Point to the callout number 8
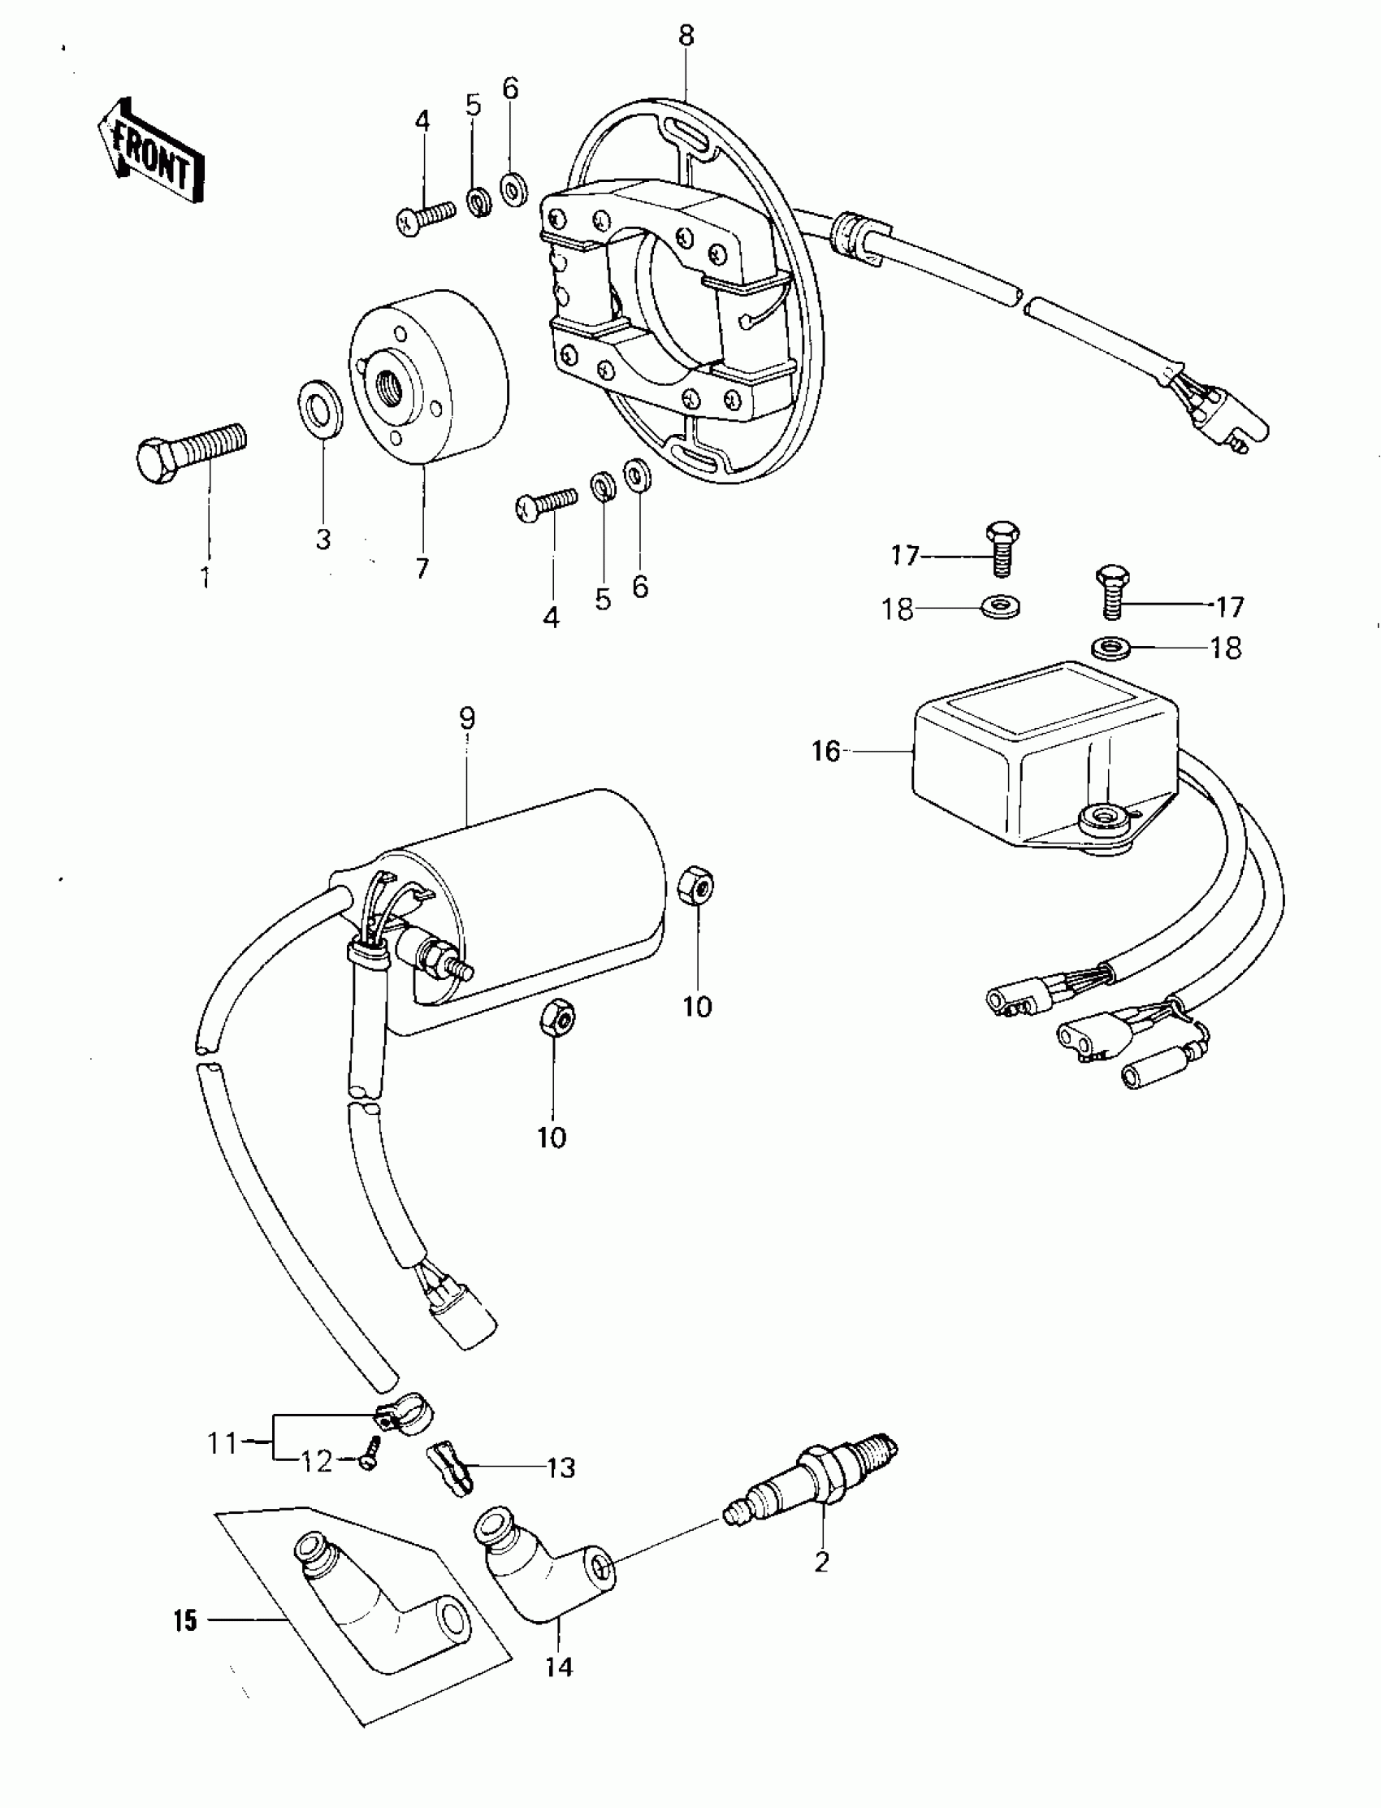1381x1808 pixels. coord(686,36)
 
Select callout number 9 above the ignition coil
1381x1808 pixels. coord(467,718)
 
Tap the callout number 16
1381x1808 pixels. coord(826,752)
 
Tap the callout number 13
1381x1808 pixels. coord(561,1468)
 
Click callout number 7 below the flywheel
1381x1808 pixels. coord(422,568)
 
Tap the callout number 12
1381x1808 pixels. coord(317,1462)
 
